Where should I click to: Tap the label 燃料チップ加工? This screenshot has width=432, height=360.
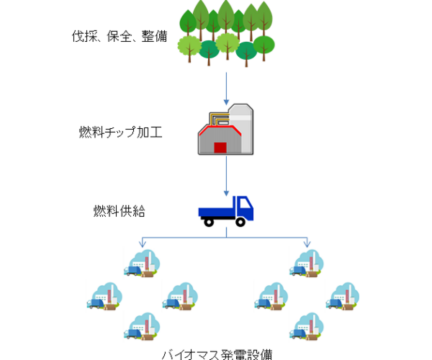[120, 132]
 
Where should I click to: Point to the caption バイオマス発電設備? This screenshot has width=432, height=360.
[217, 354]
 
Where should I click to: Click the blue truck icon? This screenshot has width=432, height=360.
[226, 210]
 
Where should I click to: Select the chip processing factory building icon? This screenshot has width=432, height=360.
[225, 129]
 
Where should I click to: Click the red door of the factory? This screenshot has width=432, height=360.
[220, 147]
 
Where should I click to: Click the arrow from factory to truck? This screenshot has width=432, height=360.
[227, 176]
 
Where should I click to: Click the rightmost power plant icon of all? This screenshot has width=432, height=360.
[343, 296]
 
